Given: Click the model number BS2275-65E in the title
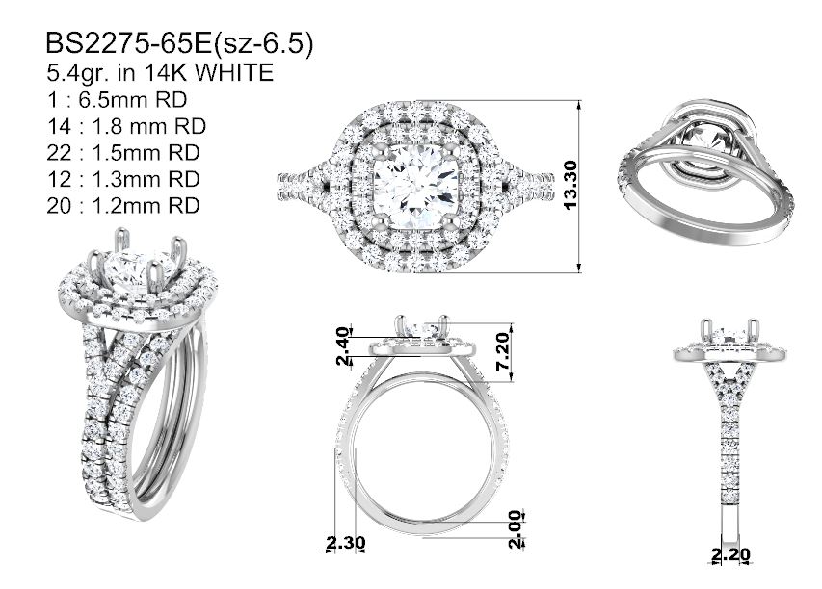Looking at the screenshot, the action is (128, 43).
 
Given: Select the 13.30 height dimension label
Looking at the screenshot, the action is (570, 185).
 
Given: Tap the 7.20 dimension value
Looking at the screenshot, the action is (503, 350).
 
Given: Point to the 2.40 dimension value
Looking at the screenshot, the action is (343, 346).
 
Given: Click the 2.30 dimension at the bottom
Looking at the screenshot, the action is (345, 543).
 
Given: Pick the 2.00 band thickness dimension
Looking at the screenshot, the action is (517, 528).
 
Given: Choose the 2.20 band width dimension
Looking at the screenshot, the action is (730, 554).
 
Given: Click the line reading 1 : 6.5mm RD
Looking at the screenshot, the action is (117, 99).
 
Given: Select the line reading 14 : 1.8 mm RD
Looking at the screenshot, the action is (126, 126).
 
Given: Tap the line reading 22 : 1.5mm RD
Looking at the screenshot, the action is (123, 152).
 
